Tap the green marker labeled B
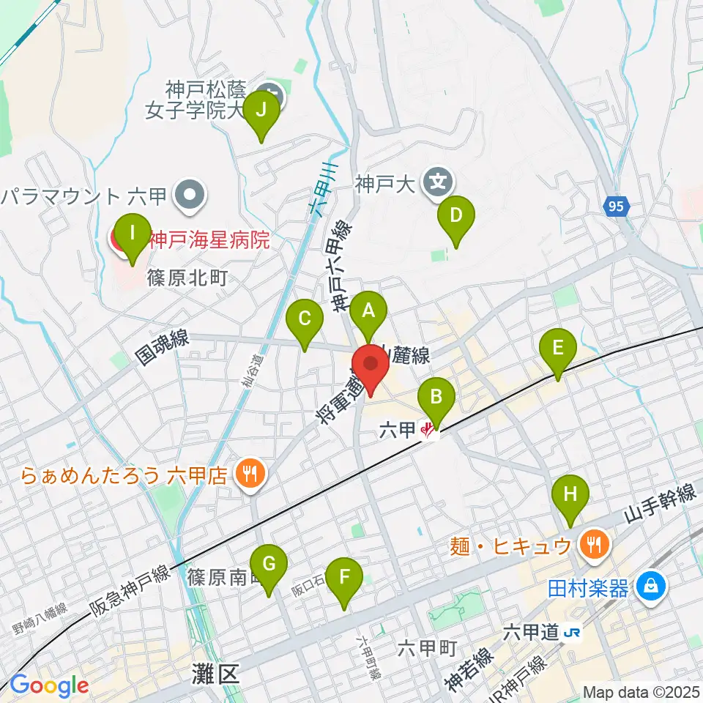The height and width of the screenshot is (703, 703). (436, 398)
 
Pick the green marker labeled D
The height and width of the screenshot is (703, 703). (455, 217)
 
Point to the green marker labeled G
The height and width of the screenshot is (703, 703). (269, 565)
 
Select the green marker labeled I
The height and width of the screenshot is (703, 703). (132, 234)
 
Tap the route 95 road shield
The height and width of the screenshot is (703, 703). (617, 207)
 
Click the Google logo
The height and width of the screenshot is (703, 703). (49, 686)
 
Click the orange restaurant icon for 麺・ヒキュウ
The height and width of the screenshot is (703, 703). (594, 545)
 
